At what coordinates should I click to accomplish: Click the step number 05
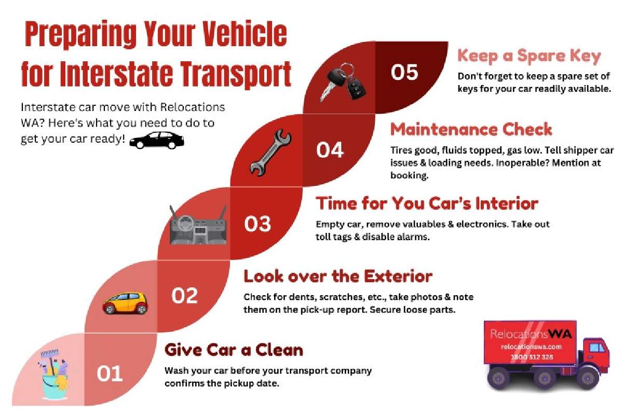(404, 72)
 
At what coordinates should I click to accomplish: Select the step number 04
(330, 150)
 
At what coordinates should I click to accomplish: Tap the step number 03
(258, 224)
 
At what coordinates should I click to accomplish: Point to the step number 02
(185, 296)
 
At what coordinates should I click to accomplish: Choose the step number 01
(110, 374)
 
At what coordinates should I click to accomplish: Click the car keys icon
(342, 82)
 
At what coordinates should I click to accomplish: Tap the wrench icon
(270, 153)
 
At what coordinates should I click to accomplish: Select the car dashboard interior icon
(198, 225)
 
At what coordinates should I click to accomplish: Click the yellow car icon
(126, 303)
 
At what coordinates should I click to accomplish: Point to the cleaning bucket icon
(53, 375)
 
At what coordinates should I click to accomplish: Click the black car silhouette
(157, 141)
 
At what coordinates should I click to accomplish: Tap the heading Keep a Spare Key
(529, 57)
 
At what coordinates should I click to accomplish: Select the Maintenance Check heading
(471, 130)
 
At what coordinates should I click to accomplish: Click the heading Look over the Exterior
(338, 276)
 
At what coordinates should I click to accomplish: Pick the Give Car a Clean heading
(234, 350)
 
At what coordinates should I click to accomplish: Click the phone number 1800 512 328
(532, 357)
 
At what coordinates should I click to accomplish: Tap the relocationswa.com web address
(531, 347)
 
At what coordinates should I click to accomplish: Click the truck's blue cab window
(597, 348)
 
